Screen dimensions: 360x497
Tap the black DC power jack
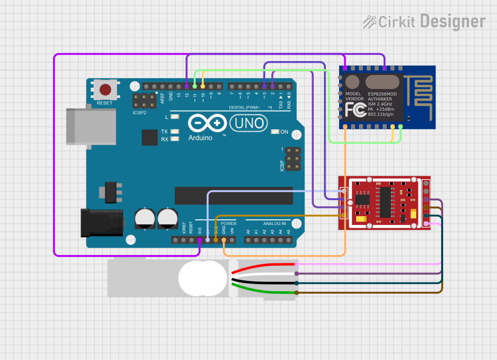[x=101, y=222]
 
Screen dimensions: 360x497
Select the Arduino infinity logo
[x=208, y=124]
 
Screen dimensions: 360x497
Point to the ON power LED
[x=275, y=132]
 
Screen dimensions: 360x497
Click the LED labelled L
[x=174, y=117]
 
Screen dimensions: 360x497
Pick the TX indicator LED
[x=174, y=131]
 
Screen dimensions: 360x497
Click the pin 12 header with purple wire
[x=186, y=86]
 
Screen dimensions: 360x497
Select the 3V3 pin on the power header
[x=199, y=240]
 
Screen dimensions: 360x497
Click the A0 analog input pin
[x=248, y=240]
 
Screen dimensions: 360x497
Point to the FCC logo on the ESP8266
[x=356, y=110]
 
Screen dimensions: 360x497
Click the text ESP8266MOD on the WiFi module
[x=382, y=94]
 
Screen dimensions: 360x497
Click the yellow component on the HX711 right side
[x=413, y=214]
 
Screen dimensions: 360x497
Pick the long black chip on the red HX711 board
[x=386, y=203]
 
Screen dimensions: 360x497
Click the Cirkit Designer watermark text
[x=425, y=22]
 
